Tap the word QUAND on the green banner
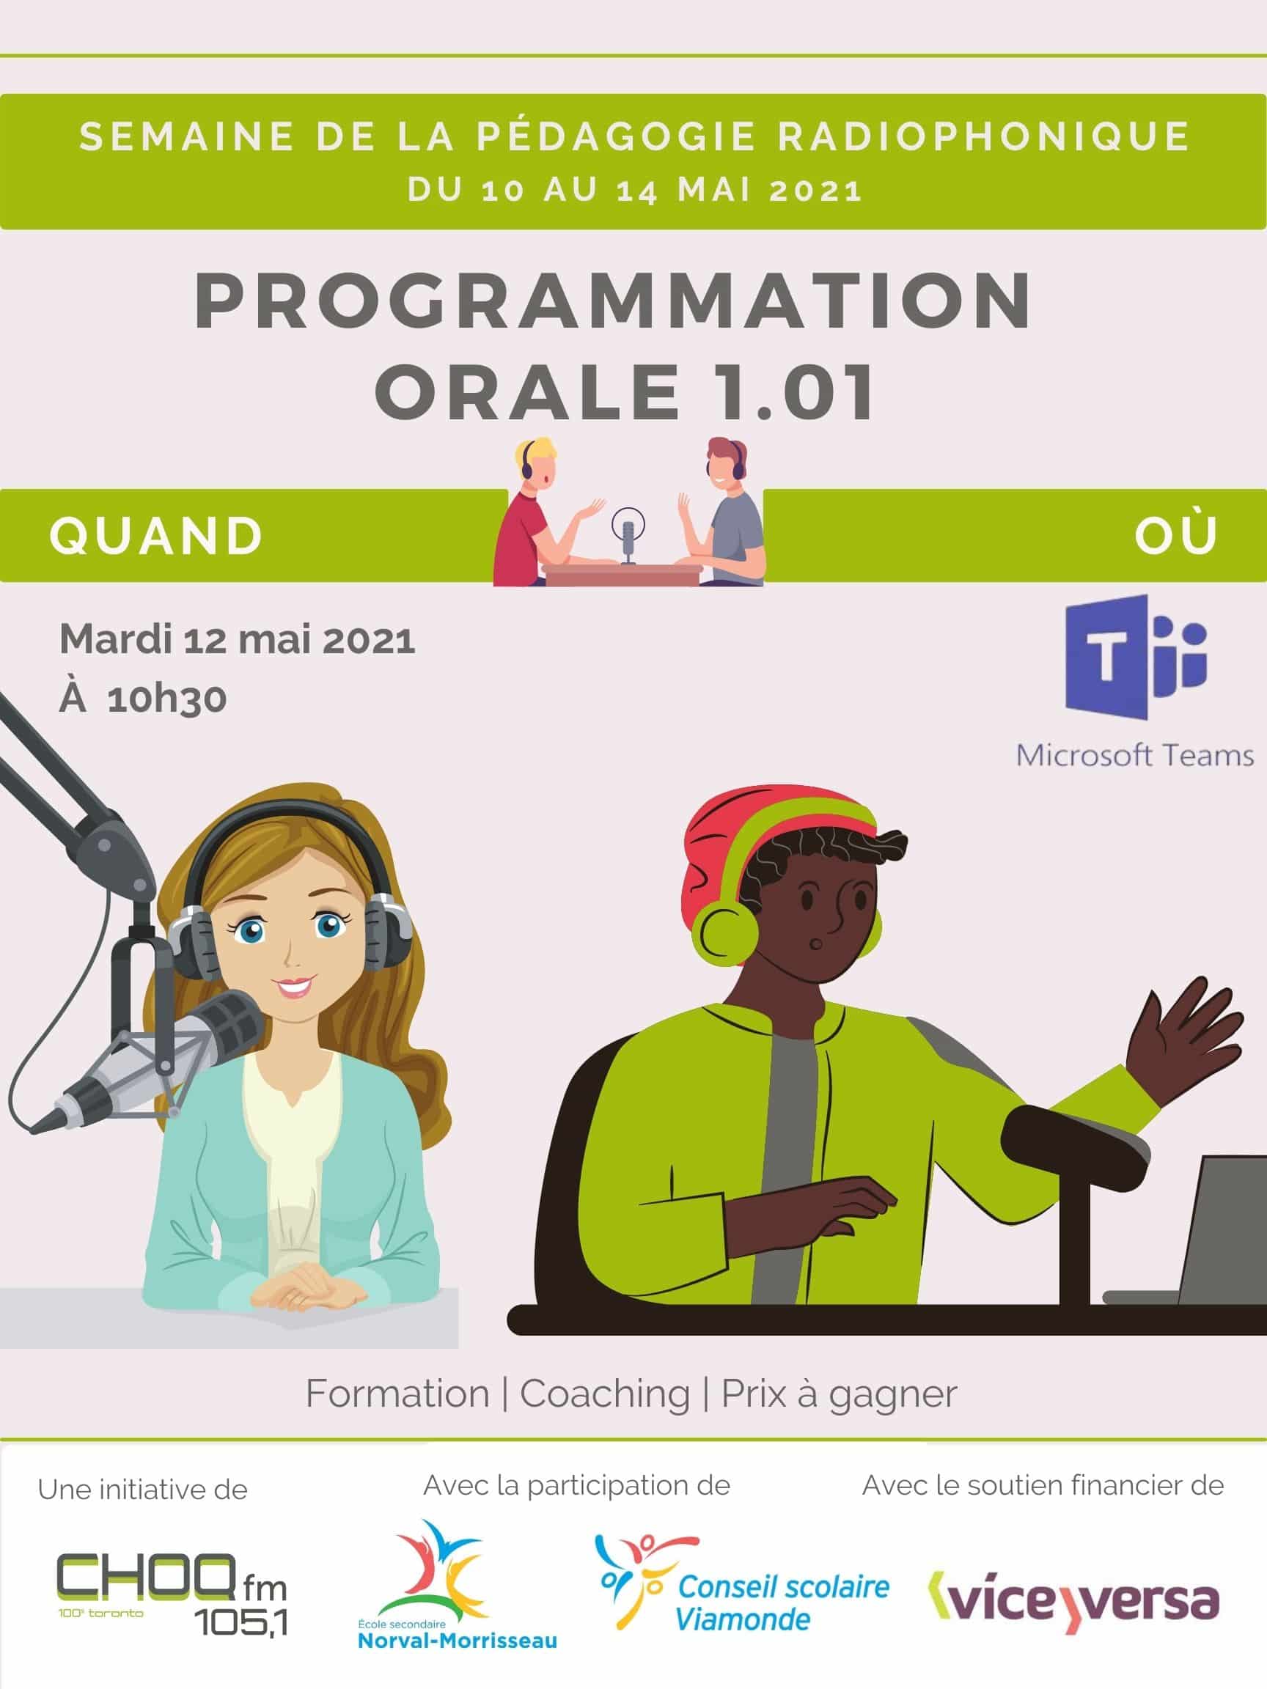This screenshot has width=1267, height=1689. pos(157,535)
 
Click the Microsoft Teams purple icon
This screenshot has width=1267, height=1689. pos(1136,657)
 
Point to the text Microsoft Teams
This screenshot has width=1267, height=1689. pos(1135,755)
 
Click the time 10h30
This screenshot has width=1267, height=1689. pos(166,699)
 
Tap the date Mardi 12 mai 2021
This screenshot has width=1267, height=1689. pos(238,640)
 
